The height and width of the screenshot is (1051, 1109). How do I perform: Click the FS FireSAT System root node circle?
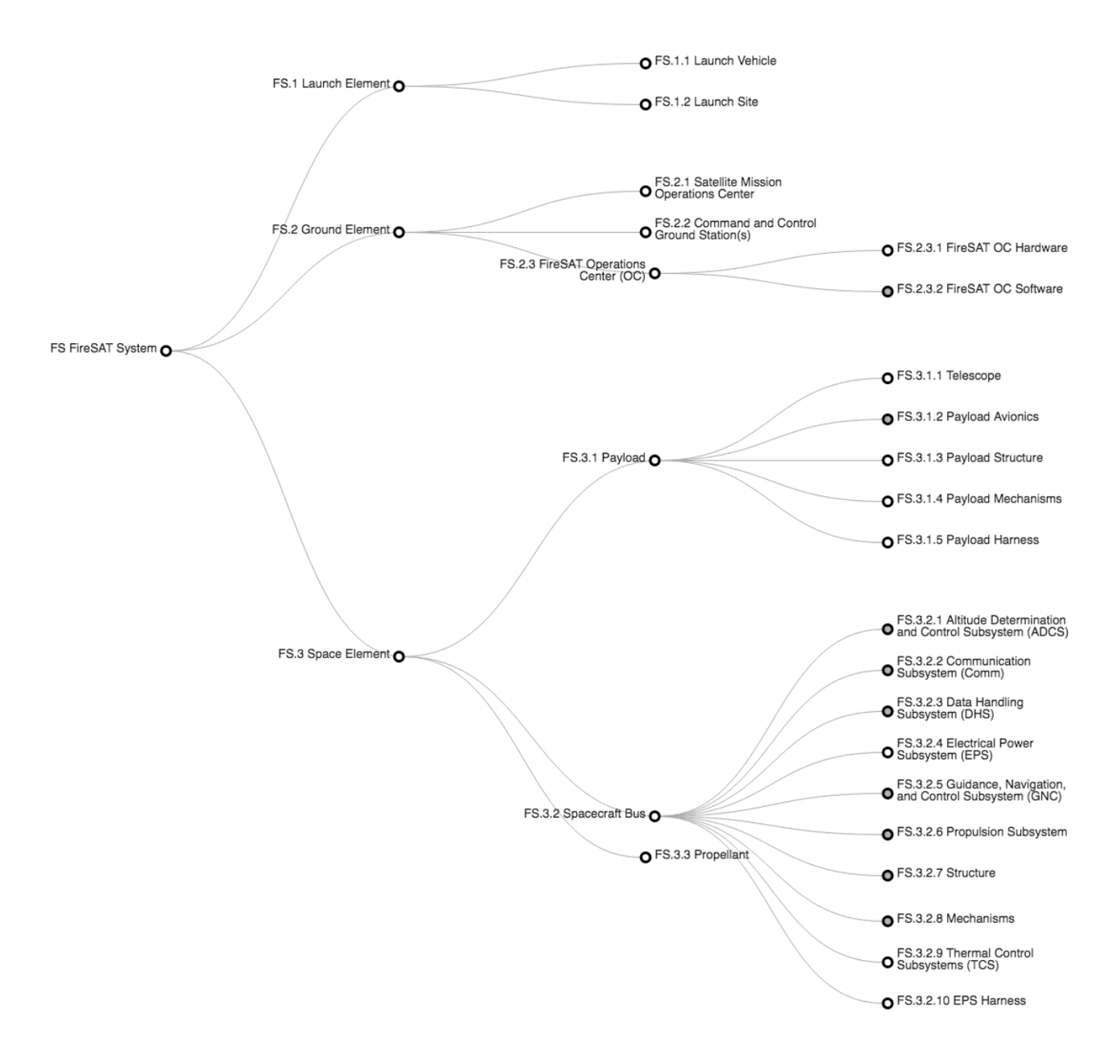point(165,350)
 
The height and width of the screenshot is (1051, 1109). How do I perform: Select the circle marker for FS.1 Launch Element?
point(398,85)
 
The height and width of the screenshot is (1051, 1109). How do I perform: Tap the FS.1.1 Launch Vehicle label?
point(715,61)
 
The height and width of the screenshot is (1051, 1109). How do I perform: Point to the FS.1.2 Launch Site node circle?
point(645,104)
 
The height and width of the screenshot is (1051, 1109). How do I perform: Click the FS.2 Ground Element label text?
point(330,230)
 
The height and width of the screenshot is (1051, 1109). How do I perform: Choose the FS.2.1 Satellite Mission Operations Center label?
point(717,188)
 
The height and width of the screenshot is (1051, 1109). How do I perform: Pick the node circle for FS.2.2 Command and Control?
point(645,232)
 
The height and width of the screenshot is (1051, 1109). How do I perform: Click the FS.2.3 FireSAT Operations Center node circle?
point(654,273)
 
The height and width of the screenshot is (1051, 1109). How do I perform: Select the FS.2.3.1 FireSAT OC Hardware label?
point(982,248)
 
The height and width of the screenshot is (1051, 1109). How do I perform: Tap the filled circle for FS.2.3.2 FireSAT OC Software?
point(887,291)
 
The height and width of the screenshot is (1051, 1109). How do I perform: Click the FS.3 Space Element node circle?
point(398,656)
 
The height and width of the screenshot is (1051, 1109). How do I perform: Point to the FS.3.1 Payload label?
point(603,458)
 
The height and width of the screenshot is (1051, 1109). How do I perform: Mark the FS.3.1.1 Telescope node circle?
point(887,378)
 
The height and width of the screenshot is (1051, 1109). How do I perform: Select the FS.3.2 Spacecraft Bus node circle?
point(654,816)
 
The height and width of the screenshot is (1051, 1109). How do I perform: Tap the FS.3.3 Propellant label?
point(701,855)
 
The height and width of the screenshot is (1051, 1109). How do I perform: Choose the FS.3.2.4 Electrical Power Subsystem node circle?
point(887,752)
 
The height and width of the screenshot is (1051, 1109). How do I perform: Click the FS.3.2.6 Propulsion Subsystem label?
point(982,832)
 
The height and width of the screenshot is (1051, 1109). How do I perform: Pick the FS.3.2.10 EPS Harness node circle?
point(887,1003)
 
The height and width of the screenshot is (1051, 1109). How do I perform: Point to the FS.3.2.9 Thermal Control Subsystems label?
point(964,959)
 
